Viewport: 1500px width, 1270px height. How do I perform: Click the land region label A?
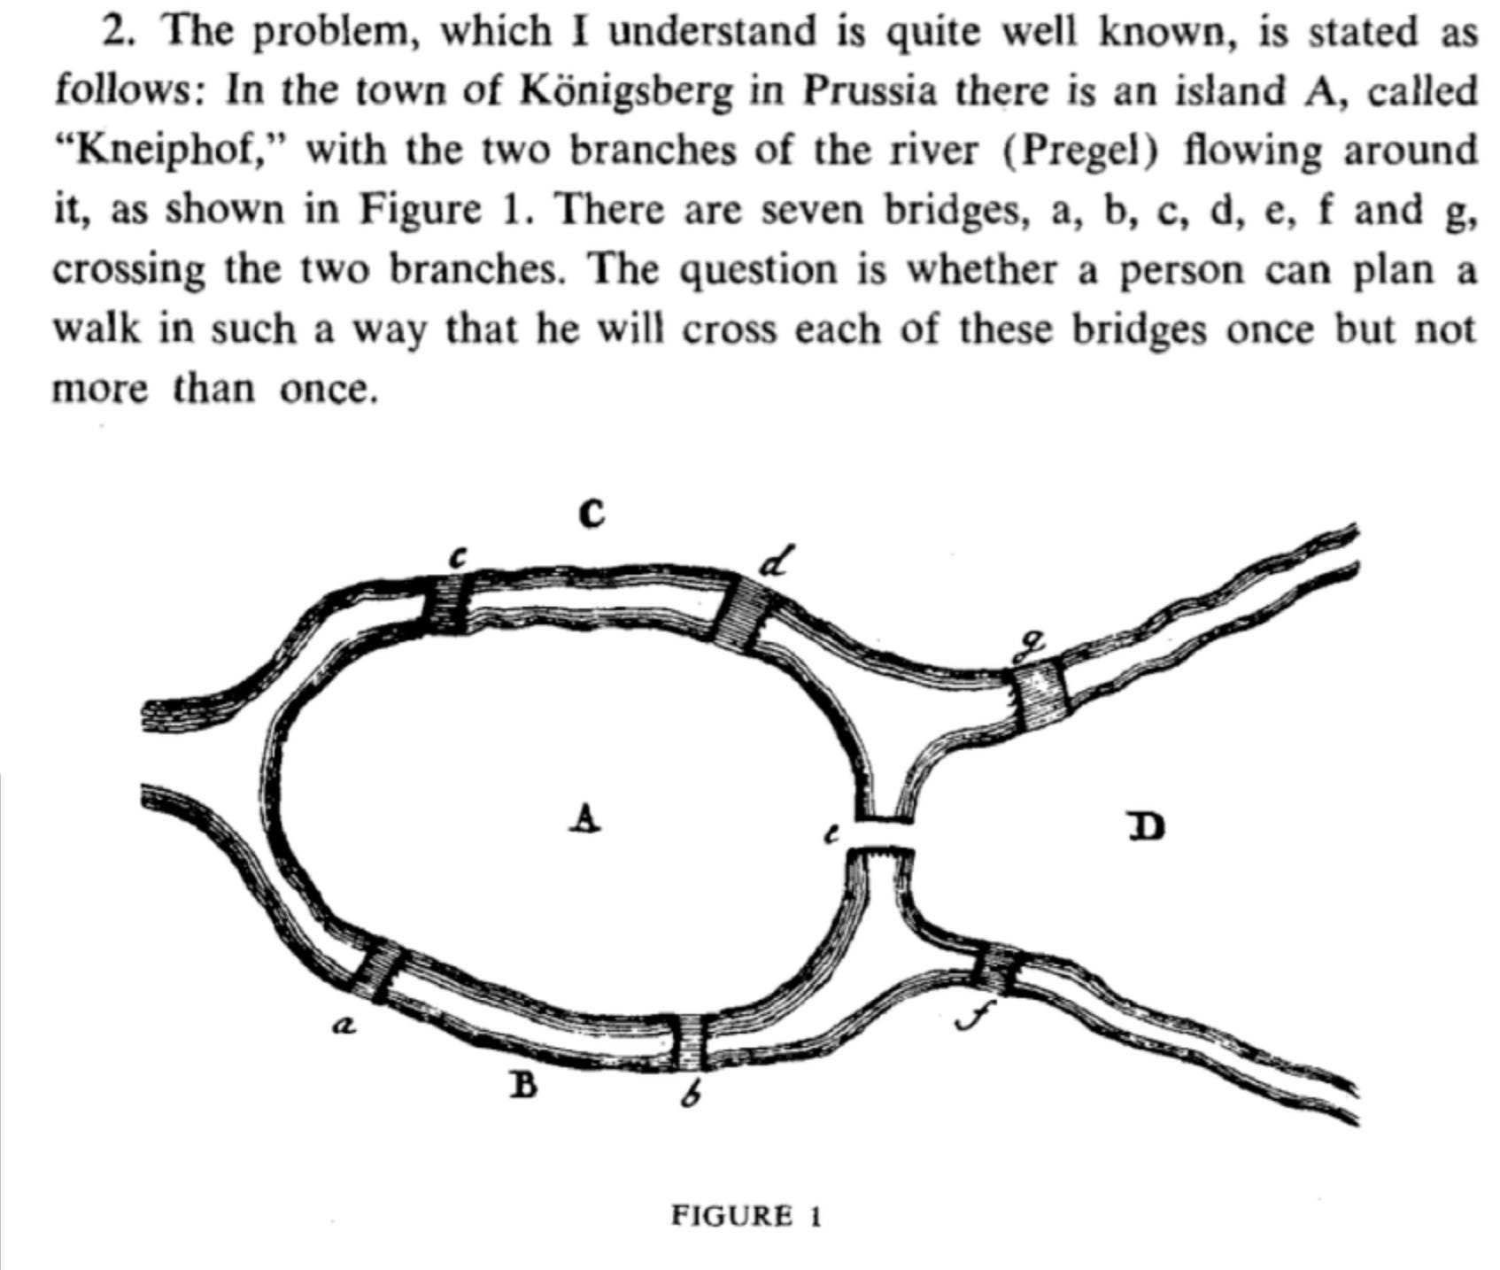pyautogui.click(x=584, y=818)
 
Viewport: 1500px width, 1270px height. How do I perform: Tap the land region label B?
pyautogui.click(x=523, y=1084)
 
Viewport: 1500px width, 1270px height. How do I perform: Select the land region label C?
pyautogui.click(x=591, y=513)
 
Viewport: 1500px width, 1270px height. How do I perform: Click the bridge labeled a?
pyautogui.click(x=378, y=971)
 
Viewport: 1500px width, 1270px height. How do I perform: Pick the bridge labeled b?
pyautogui.click(x=689, y=1042)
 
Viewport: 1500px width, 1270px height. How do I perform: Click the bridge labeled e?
pyautogui.click(x=883, y=834)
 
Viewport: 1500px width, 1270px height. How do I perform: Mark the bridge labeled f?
pyautogui.click(x=996, y=969)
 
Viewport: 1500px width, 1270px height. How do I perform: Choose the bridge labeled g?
pyautogui.click(x=1040, y=696)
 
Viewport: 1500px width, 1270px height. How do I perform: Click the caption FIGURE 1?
pyautogui.click(x=746, y=1215)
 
